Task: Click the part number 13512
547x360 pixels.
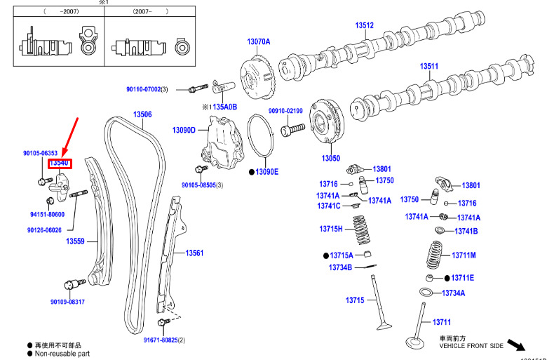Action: (x=364, y=25)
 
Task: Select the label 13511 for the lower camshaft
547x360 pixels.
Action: (x=429, y=67)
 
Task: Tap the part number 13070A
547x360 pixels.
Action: (x=258, y=41)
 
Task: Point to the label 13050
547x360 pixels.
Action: (x=330, y=158)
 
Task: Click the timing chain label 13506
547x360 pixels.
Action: (x=142, y=114)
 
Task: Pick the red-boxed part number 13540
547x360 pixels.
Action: (x=60, y=163)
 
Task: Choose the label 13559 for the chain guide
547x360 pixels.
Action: (x=76, y=241)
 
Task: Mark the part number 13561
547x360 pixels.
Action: (x=194, y=253)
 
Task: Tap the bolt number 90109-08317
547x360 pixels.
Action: (x=67, y=302)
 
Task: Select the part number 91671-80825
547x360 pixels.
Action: (x=161, y=340)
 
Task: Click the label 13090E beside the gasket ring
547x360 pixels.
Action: (x=266, y=171)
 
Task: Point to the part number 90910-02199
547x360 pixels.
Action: (x=285, y=111)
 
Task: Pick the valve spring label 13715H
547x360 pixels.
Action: (x=331, y=229)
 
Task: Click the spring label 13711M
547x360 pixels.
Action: (x=464, y=255)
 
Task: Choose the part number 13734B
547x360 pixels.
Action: (x=340, y=267)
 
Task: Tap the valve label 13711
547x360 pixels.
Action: (x=441, y=322)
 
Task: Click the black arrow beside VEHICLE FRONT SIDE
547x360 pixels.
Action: (x=518, y=345)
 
